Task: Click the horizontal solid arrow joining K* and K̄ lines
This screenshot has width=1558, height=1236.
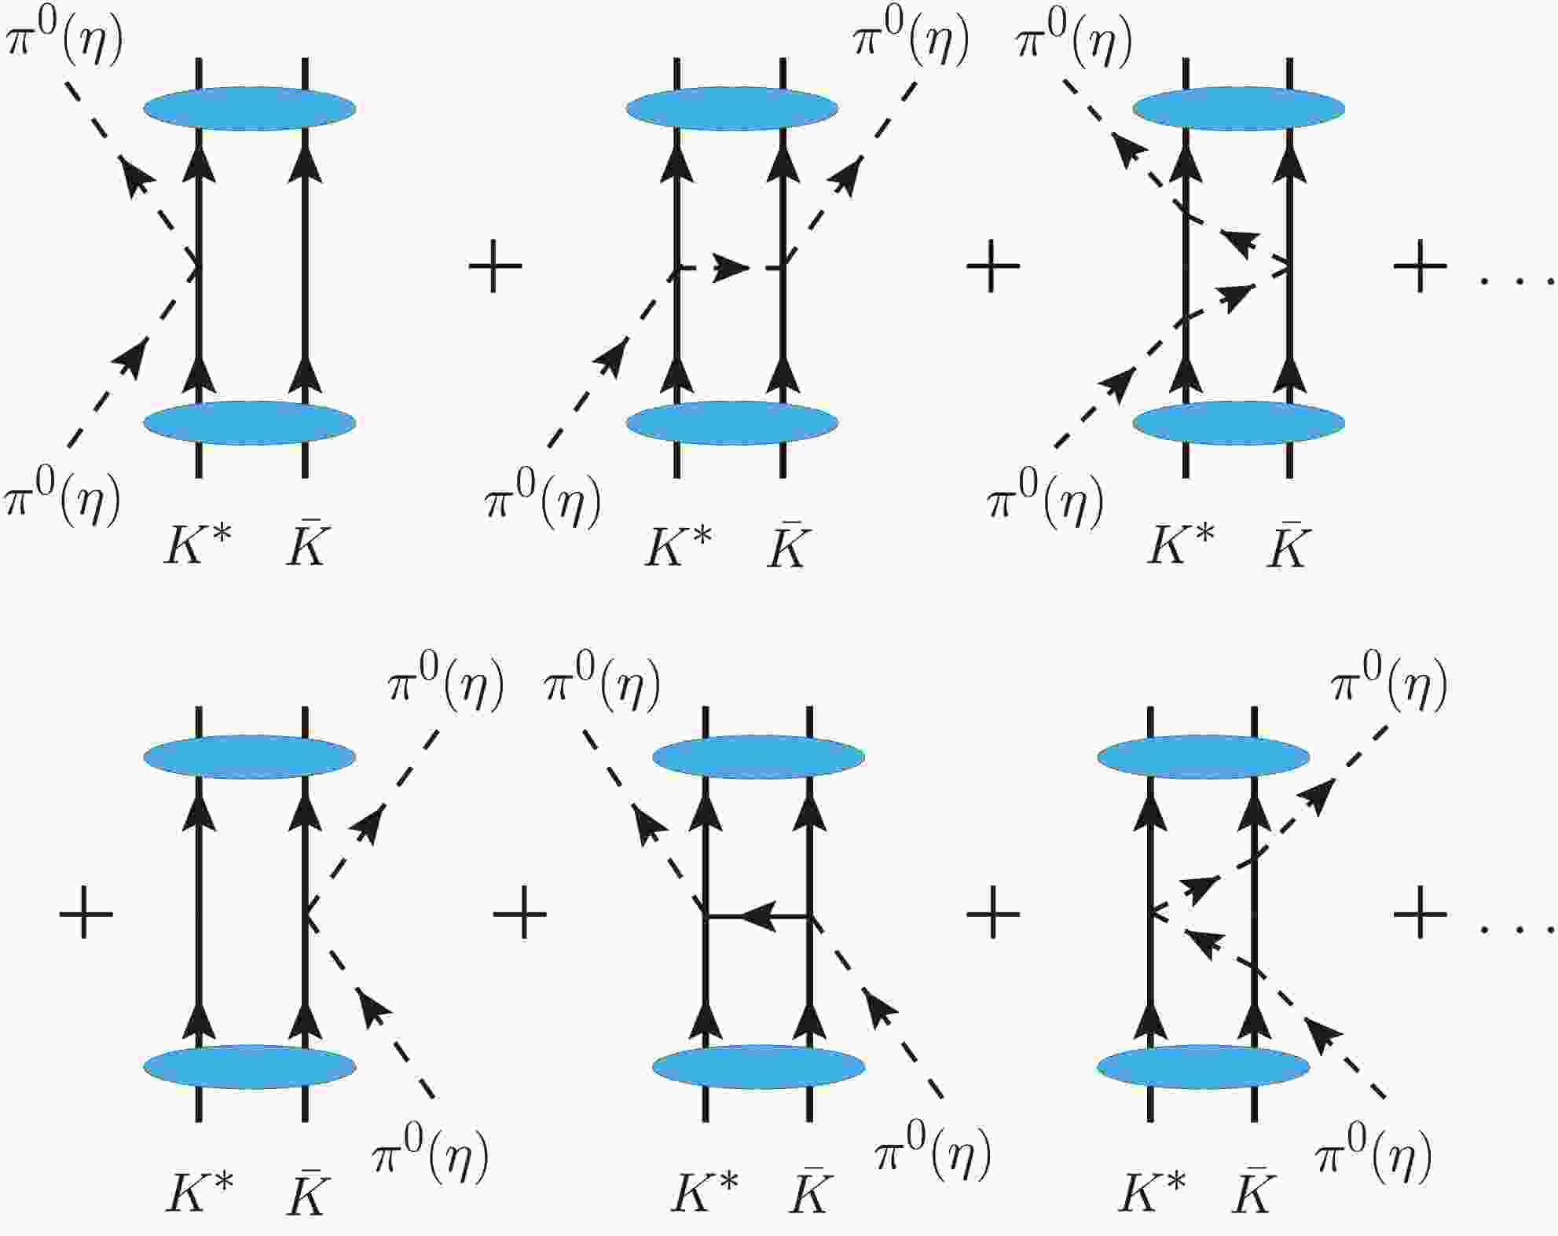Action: (x=757, y=915)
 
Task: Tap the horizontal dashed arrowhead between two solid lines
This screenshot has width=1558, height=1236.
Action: (x=732, y=268)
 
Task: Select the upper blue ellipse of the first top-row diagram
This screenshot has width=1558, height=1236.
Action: (x=250, y=108)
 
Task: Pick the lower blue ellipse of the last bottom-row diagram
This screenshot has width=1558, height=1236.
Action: (x=1203, y=1066)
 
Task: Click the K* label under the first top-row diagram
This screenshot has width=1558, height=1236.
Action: (x=198, y=545)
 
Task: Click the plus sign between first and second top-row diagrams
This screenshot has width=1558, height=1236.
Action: (x=495, y=266)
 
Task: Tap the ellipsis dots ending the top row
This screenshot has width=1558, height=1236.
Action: (x=1519, y=281)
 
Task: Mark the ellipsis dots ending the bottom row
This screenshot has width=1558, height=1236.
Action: (x=1519, y=929)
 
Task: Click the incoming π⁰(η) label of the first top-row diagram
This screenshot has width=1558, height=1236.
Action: (x=63, y=498)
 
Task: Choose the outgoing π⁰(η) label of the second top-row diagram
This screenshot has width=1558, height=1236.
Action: (x=911, y=38)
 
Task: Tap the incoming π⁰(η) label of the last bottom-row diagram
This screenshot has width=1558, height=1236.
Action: (x=1373, y=1156)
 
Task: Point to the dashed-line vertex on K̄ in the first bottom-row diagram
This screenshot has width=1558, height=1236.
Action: (x=305, y=914)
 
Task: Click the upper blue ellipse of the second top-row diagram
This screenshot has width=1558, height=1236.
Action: (x=732, y=108)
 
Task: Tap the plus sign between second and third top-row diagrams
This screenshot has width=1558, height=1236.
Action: (x=993, y=266)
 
